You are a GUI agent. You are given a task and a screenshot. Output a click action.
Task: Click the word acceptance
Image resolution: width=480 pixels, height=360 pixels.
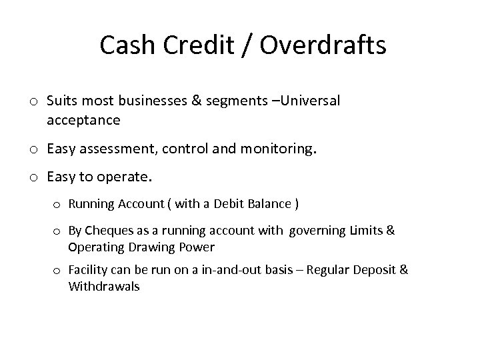click(x=83, y=121)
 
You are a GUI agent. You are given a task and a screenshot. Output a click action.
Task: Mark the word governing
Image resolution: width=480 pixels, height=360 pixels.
click(x=316, y=231)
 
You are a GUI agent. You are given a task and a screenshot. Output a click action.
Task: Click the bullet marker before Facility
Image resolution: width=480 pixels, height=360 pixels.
click(x=57, y=271)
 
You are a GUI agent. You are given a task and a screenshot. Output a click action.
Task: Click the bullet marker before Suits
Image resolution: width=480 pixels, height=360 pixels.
click(x=33, y=101)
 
